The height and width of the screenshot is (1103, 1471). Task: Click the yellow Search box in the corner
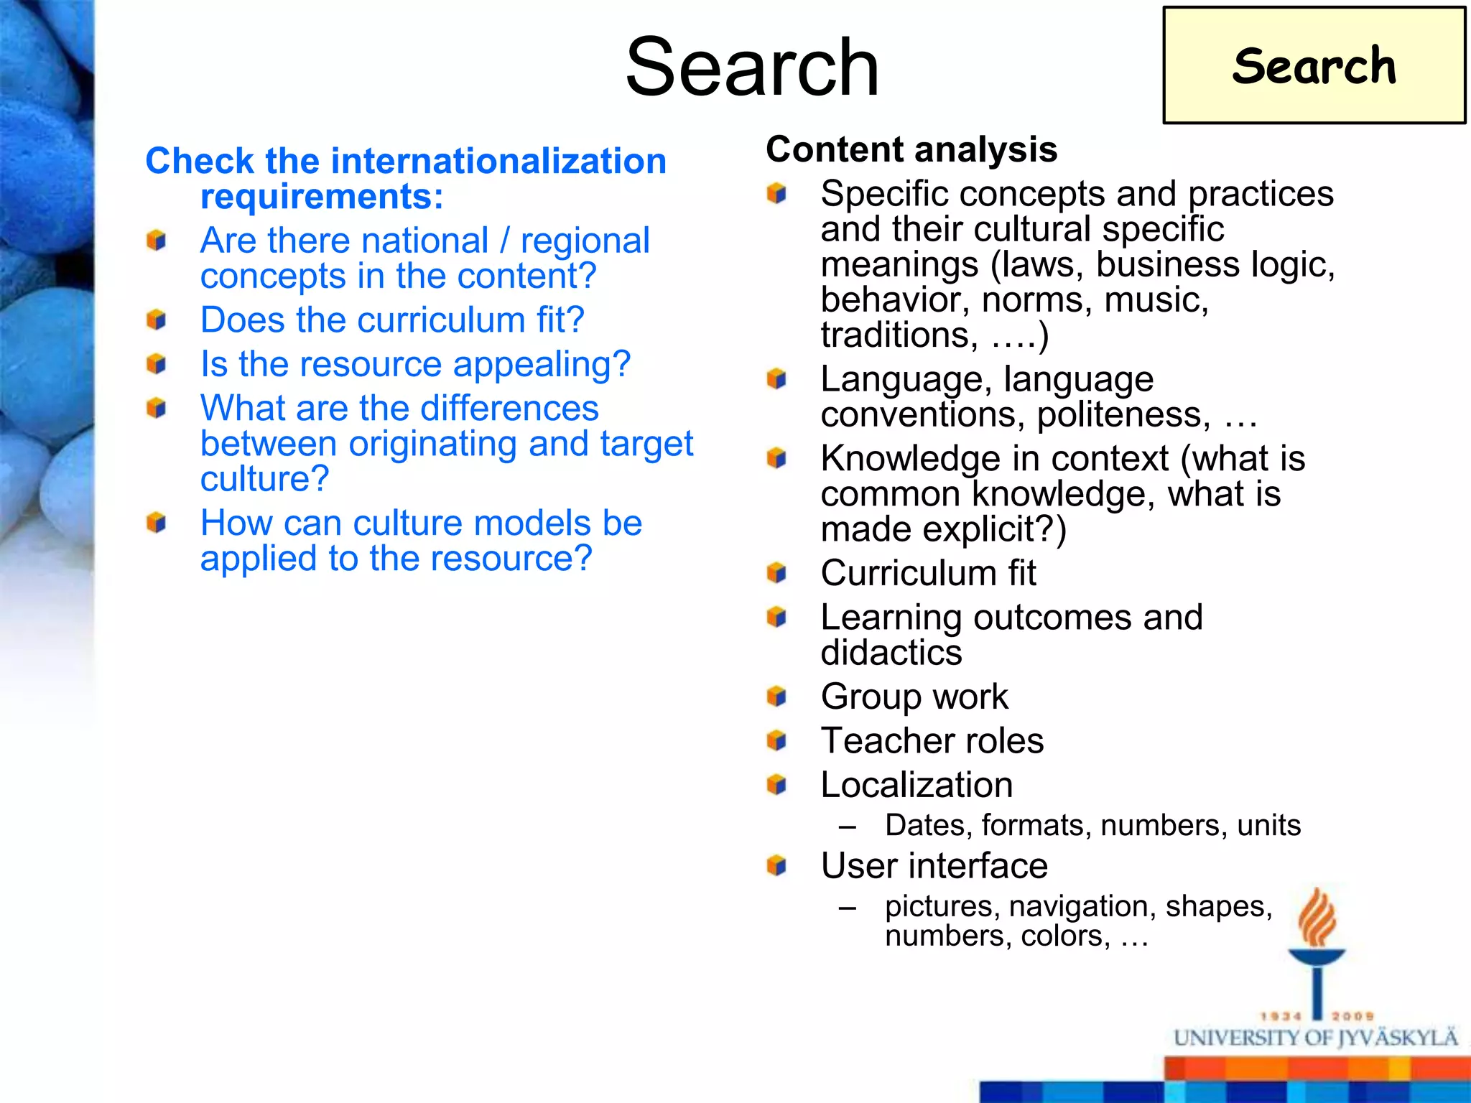(x=1314, y=65)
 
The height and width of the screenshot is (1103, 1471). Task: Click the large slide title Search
(x=752, y=68)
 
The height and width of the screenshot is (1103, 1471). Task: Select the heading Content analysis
(x=911, y=149)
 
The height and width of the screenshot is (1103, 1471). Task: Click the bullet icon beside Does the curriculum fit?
(x=156, y=320)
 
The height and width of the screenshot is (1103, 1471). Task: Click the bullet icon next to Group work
(x=776, y=697)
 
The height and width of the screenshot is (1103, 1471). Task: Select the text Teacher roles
(x=932, y=740)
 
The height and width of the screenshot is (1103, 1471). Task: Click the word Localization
(x=917, y=785)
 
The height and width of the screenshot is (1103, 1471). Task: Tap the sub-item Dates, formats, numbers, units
(x=1092, y=826)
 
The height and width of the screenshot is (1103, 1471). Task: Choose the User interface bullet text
(x=934, y=866)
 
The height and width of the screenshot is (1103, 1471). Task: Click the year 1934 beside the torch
(x=1281, y=1016)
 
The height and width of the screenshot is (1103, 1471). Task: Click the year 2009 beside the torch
(x=1352, y=1016)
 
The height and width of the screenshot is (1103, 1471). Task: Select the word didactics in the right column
(x=891, y=653)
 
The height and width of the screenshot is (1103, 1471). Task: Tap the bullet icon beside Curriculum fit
(x=776, y=573)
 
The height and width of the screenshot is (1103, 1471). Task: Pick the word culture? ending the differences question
(x=264, y=479)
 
